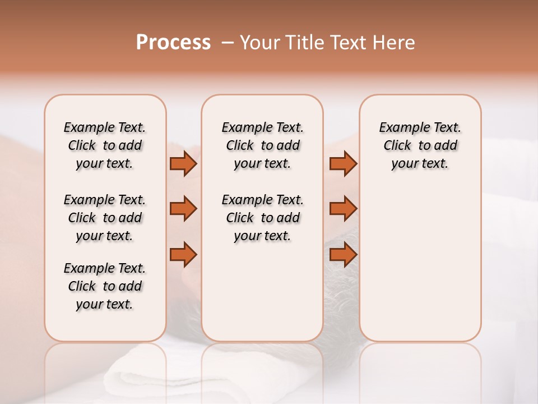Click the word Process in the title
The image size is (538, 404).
173,43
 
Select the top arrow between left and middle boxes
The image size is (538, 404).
183,164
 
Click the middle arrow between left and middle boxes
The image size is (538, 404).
183,209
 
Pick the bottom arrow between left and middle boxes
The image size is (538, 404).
183,255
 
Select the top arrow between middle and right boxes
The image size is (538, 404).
343,164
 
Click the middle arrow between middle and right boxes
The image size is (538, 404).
343,209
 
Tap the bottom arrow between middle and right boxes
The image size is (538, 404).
343,255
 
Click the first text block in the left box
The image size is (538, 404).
105,145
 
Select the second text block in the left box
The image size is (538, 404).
105,218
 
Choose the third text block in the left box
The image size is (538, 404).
105,286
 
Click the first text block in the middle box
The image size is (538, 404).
262,145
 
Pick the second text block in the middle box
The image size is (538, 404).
262,218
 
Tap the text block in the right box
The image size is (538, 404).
420,145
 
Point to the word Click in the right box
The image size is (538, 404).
397,146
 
